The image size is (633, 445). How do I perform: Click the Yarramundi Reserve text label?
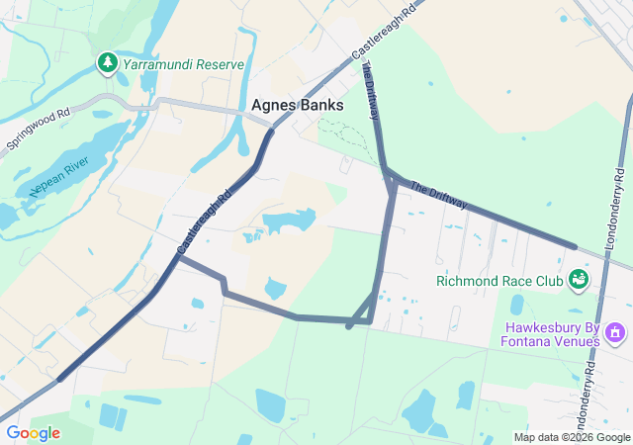click(183, 64)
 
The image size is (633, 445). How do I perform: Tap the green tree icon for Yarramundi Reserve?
click(107, 63)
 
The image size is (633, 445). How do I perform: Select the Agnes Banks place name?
click(298, 104)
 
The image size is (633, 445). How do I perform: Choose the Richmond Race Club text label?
click(498, 281)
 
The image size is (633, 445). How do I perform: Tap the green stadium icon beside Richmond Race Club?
click(578, 282)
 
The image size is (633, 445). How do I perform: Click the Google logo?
click(33, 433)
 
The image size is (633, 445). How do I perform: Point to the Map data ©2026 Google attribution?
click(572, 437)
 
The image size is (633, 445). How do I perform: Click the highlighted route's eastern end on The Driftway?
click(574, 246)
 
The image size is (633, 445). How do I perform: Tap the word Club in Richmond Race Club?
click(545, 281)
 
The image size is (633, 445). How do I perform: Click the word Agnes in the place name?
click(273, 104)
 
